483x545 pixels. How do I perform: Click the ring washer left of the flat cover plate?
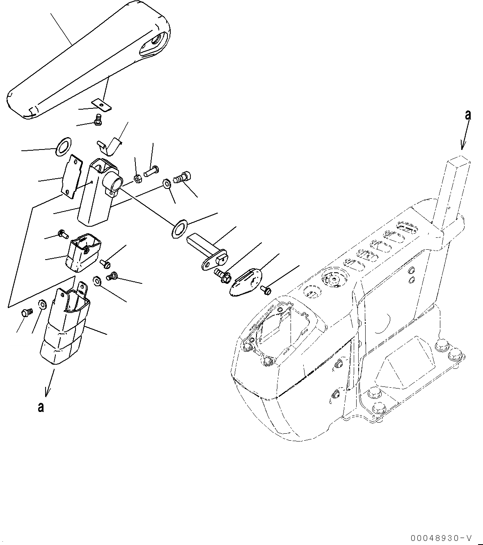[62, 146]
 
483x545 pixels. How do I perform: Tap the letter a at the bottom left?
[40, 407]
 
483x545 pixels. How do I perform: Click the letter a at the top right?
[467, 115]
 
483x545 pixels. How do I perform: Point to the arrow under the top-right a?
[464, 140]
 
